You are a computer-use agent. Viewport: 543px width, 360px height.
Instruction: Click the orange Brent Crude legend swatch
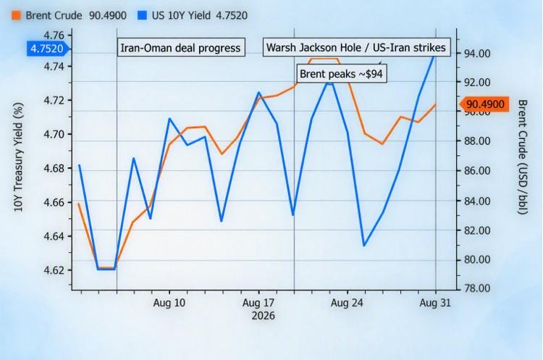tap(16, 16)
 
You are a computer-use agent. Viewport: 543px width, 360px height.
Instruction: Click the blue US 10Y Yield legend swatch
tap(142, 16)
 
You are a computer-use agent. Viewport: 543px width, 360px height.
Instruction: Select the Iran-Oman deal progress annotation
tap(181, 48)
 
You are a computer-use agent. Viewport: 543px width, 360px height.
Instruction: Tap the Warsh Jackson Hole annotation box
tap(356, 47)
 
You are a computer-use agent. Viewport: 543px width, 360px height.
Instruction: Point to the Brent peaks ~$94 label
tap(341, 74)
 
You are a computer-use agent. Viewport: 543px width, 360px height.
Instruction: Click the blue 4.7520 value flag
tap(48, 49)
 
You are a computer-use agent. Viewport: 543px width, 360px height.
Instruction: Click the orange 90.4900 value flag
tap(485, 104)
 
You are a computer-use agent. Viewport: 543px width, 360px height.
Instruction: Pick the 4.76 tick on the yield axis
tap(54, 35)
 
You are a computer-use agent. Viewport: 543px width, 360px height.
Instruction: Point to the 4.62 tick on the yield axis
tap(54, 270)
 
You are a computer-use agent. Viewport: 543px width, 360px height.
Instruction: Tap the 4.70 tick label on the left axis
tap(54, 134)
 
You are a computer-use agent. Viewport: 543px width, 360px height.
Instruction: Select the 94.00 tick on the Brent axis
tap(477, 54)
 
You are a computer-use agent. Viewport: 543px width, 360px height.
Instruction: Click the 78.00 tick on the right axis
tap(477, 288)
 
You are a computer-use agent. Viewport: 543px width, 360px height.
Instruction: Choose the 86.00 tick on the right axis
tap(477, 170)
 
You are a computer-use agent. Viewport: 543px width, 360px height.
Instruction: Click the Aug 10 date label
tap(169, 303)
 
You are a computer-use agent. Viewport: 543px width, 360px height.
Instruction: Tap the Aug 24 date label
tap(347, 303)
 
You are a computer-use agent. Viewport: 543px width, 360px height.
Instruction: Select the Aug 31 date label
tap(435, 303)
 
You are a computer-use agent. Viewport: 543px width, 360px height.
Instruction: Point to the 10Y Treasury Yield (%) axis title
tap(18, 157)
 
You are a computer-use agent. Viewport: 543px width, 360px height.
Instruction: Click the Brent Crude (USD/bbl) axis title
tap(522, 157)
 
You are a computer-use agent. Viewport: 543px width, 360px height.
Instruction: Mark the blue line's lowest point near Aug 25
tap(364, 246)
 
